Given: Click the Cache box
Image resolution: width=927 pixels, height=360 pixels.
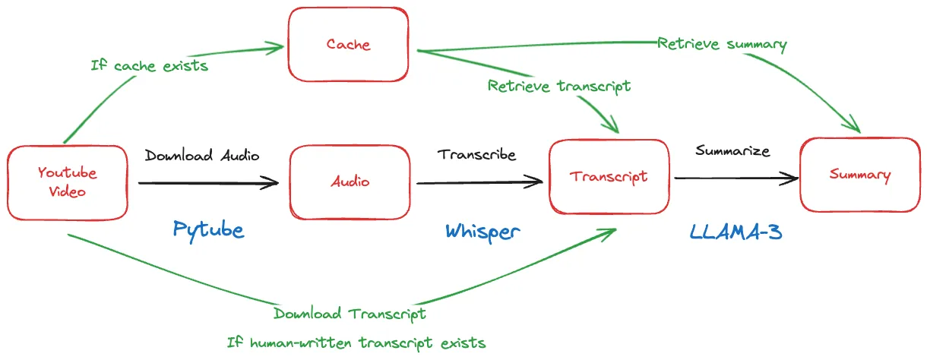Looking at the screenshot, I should pos(347,44).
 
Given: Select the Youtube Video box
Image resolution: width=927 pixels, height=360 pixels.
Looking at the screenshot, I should pos(67,182).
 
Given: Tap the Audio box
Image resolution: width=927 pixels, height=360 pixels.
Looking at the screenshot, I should pos(350,182).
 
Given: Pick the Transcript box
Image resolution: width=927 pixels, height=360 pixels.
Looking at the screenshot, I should pos(609,176).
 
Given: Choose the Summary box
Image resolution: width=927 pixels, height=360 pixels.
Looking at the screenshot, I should pos(859,175).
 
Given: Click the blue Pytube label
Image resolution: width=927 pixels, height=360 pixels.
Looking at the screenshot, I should pos(208,229).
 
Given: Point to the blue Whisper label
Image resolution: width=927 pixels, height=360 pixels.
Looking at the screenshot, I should pos(482,230).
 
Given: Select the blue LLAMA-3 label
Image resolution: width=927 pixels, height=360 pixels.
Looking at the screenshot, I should pos(736,231).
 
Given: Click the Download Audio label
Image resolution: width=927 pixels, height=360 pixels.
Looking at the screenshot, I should pos(202,156).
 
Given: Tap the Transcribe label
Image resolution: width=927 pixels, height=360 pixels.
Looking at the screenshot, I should pos(476,154).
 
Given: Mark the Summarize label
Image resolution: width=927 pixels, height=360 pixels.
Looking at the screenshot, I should pos(732,150).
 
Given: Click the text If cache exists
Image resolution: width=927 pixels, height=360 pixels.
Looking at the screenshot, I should pos(149,65).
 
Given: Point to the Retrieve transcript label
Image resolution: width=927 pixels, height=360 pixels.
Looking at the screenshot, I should pos(559,86).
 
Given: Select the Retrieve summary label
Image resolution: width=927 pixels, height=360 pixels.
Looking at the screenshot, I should pos(722,43).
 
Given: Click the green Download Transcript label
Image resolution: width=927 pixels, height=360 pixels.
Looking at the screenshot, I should pos(350,314).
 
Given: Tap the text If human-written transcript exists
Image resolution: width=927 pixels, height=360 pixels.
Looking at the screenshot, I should pos(356,342).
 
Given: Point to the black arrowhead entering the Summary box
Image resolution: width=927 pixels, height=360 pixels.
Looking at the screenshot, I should pos(792,179).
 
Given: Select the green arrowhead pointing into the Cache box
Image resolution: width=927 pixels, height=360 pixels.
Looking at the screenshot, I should pos(274,49).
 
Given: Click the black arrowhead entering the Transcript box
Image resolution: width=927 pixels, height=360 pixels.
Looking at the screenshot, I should pos(537,181).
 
